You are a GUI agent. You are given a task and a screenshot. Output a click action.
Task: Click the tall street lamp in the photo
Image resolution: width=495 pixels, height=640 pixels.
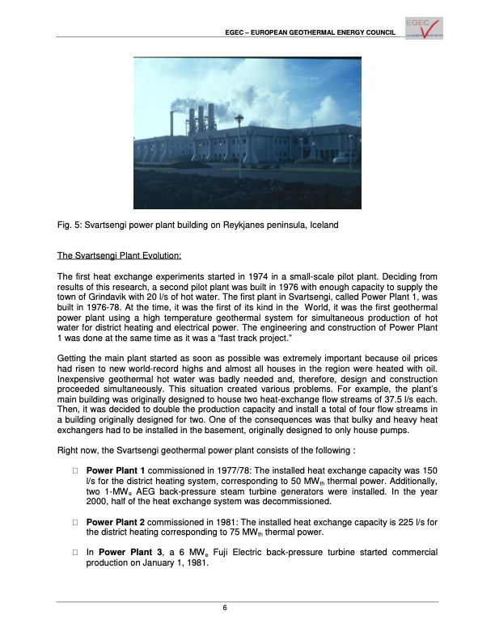coord(239,137)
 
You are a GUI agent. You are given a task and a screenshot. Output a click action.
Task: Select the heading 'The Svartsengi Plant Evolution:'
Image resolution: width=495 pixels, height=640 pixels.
coord(119,256)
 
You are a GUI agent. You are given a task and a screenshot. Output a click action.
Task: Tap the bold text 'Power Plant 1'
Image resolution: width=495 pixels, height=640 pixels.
coord(115,471)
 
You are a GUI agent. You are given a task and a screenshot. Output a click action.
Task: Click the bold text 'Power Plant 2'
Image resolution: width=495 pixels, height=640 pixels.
coord(115,521)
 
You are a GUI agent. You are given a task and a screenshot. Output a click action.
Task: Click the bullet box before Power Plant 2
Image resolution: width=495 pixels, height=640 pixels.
coord(74,521)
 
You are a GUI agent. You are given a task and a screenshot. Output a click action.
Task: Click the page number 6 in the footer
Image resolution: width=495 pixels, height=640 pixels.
coord(247,607)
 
